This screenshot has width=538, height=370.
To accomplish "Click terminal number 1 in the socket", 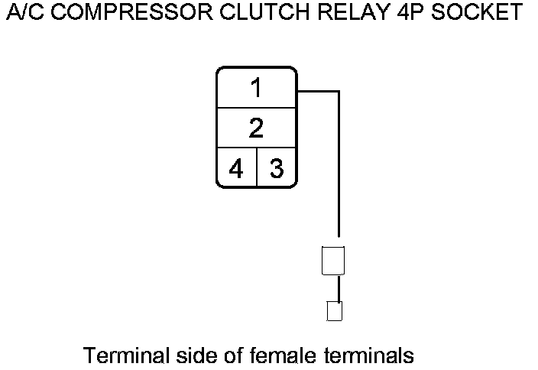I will (x=256, y=89).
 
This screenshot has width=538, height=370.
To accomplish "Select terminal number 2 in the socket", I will (x=256, y=128).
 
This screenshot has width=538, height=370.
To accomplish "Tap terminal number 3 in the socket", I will (x=276, y=167).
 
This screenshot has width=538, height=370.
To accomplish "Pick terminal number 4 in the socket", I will (x=236, y=167).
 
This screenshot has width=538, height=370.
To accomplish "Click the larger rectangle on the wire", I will (x=333, y=260).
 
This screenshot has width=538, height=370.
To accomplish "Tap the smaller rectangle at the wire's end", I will (x=334, y=311).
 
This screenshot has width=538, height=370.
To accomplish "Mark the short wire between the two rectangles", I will (x=334, y=287).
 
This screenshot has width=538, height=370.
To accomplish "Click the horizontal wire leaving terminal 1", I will (x=317, y=91).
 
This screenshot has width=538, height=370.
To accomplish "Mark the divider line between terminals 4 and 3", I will (x=256, y=167).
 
